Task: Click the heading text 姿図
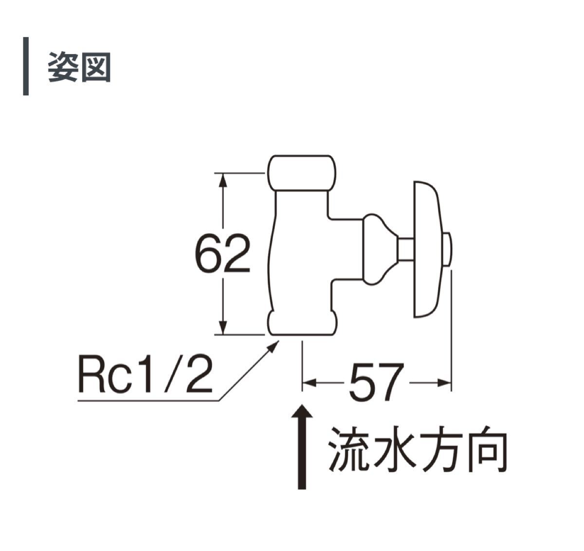(79, 67)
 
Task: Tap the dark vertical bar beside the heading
(26, 66)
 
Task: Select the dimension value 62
(222, 255)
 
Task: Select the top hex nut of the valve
(302, 173)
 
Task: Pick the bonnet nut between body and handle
(378, 249)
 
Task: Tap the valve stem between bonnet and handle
(405, 249)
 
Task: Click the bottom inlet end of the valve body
(302, 326)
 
